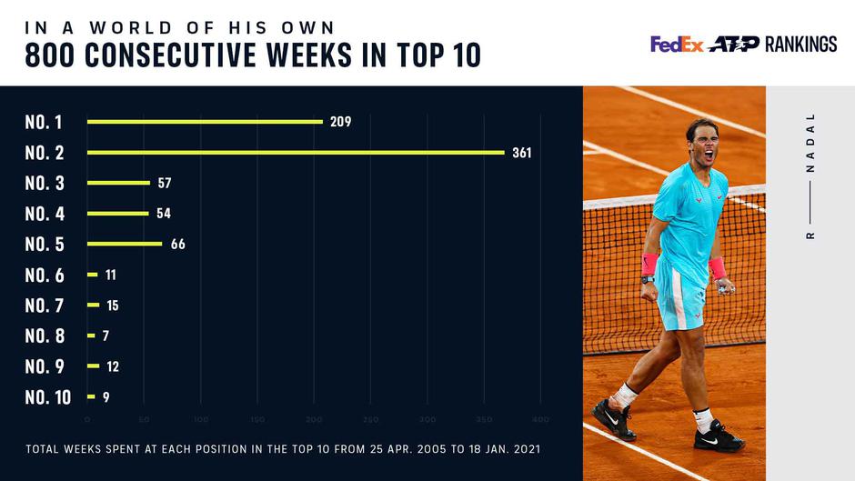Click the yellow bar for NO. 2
[x=296, y=152]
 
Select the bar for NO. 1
[x=205, y=121]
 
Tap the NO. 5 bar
[x=125, y=244]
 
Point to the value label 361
[x=521, y=153]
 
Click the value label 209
[x=341, y=122]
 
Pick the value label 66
[x=178, y=245]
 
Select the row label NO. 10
[x=47, y=397]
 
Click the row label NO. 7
[x=44, y=306]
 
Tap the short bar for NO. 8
[x=91, y=336]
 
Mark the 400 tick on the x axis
[x=540, y=419]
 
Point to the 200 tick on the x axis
[x=314, y=419]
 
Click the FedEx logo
[x=677, y=45]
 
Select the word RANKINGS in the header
[x=800, y=45]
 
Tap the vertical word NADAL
[x=810, y=144]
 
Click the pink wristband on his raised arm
[x=649, y=265]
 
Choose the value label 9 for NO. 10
[x=106, y=397]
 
